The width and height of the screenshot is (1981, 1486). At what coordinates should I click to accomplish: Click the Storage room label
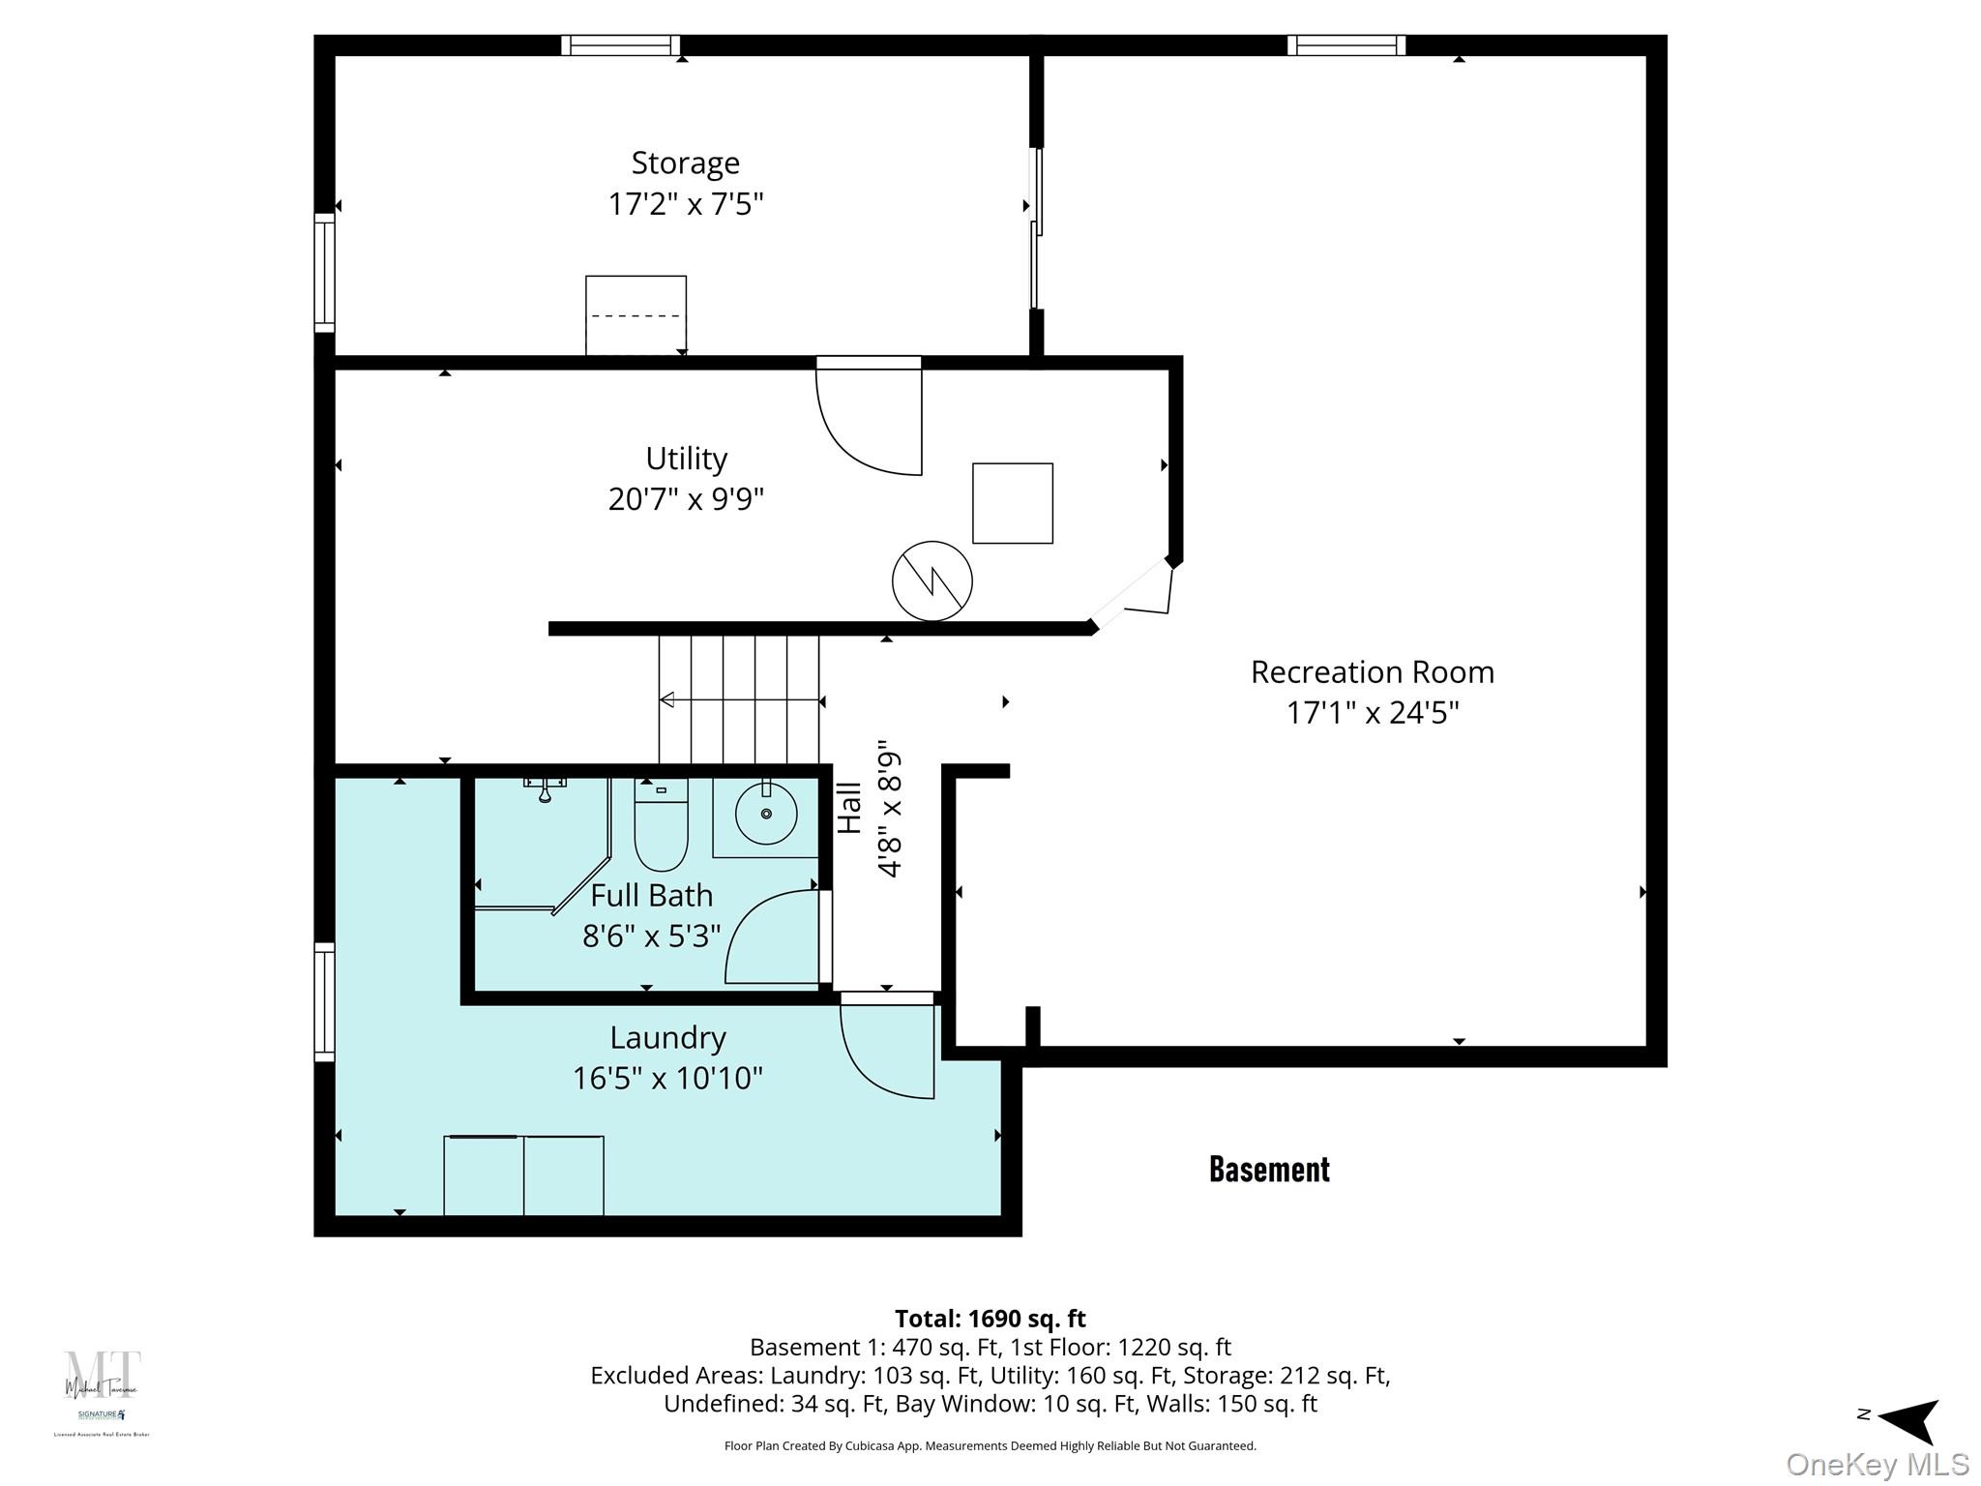click(685, 163)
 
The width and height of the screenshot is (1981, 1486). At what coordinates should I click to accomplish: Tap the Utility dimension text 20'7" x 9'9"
click(686, 499)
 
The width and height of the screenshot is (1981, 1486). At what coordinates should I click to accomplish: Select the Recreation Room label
click(1372, 671)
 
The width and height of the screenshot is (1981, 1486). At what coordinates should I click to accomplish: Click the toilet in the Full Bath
click(661, 827)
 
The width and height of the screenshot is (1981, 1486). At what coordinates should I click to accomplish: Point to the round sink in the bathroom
click(766, 814)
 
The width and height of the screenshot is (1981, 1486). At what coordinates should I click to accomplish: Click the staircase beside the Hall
click(739, 699)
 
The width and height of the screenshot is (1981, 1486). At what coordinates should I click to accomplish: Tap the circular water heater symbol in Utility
click(931, 580)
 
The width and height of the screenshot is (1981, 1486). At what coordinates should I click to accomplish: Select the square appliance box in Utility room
click(1012, 503)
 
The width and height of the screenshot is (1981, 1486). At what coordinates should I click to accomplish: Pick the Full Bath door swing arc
click(774, 936)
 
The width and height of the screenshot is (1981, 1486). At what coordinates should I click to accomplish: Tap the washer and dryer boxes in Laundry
click(523, 1174)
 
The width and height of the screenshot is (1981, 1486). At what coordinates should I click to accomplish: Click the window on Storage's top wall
click(620, 45)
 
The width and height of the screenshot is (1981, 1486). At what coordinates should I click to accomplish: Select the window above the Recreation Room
click(1345, 45)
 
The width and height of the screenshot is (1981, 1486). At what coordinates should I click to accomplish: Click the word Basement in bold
click(1269, 1169)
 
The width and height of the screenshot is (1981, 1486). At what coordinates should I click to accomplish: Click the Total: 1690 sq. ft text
click(990, 1319)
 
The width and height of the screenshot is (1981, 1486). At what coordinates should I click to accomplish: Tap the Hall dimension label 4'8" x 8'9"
click(889, 808)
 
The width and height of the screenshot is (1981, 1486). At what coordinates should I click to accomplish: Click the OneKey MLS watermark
click(1877, 1464)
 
